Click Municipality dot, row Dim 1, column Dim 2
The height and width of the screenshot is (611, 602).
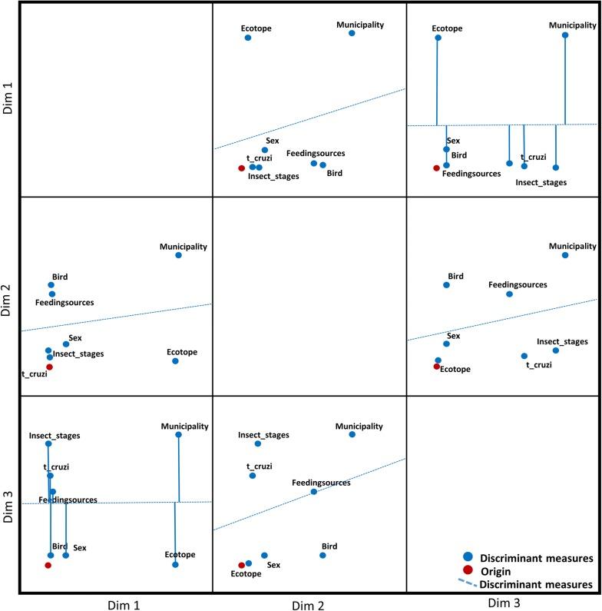click(352, 33)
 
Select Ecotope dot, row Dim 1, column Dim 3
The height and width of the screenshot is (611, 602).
click(437, 37)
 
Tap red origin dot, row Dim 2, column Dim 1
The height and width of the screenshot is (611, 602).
click(49, 367)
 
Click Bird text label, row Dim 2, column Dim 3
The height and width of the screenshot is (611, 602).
click(455, 275)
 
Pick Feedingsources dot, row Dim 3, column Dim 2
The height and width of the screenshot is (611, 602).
click(313, 492)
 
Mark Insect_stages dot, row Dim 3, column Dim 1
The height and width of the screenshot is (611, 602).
click(48, 443)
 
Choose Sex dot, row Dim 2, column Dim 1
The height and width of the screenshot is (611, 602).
click(66, 344)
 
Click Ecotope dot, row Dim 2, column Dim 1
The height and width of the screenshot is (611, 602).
click(175, 361)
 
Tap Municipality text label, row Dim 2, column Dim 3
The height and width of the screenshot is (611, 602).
click(572, 246)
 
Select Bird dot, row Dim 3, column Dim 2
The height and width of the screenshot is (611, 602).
click(322, 555)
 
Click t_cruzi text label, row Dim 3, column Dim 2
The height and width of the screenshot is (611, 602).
click(260, 466)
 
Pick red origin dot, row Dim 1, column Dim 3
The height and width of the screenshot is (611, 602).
click(436, 168)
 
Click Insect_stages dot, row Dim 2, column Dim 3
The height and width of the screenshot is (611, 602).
click(556, 350)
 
